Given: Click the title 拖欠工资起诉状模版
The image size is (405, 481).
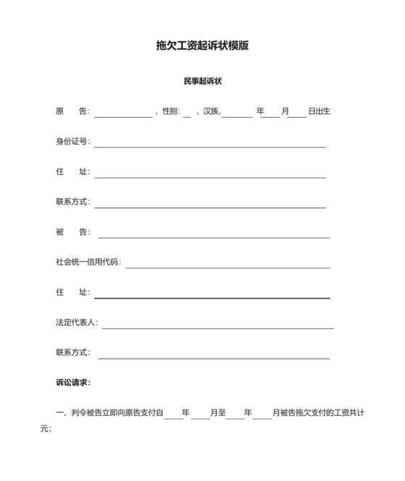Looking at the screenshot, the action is pos(202,46).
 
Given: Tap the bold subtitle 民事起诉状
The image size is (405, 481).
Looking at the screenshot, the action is pos(202,81).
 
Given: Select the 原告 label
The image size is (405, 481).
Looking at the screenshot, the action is pos(72,111).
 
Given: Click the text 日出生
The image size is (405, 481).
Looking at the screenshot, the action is pos(319,111).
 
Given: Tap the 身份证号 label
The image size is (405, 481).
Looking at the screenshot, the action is pos(72,142).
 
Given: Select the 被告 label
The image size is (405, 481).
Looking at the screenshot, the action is pos(72,232).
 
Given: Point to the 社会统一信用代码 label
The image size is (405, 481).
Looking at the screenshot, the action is pos(88,262).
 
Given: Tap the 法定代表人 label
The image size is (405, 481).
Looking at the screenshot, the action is pos(76,323).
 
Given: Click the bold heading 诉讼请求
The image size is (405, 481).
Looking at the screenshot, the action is pos(73,383).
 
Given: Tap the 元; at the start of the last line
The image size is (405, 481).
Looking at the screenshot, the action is pos(46,428).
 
